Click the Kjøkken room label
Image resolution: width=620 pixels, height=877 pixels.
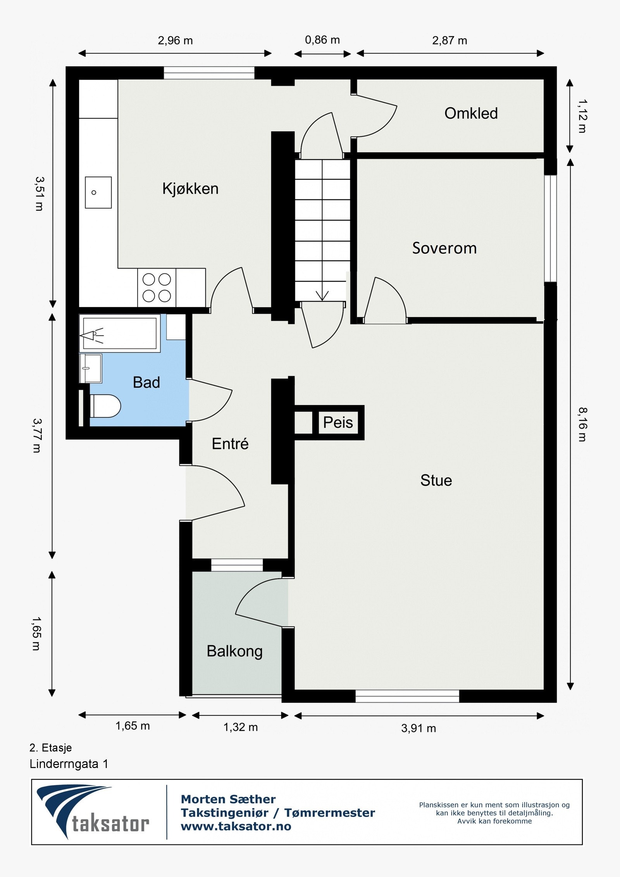click(190, 189)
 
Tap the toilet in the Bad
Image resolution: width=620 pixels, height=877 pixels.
click(105, 406)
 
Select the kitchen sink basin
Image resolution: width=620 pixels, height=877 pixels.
click(98, 193)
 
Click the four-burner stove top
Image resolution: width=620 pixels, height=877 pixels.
click(157, 288)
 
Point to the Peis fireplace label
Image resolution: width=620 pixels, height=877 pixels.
click(338, 422)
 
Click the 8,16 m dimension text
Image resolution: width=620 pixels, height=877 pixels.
click(582, 424)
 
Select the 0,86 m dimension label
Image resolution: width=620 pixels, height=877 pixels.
click(322, 40)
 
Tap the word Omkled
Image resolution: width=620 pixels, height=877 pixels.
click(471, 113)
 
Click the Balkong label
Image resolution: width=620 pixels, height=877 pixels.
click(234, 651)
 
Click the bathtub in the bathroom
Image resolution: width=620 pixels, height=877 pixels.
click(120, 333)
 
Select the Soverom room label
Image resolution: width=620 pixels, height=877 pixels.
click(444, 248)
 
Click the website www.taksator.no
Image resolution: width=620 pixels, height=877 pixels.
click(236, 826)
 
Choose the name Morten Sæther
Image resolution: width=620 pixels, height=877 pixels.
click(228, 799)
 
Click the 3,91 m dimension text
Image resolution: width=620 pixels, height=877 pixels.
click(418, 728)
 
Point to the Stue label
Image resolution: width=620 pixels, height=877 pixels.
click(436, 481)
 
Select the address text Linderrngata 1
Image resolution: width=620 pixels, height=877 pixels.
click(69, 764)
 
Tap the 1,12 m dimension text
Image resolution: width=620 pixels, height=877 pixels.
click(582, 116)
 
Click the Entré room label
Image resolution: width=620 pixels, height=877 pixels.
click(230, 443)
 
